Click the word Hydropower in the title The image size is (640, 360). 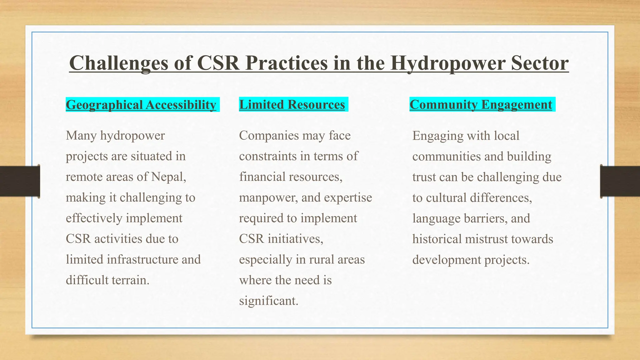click(447, 63)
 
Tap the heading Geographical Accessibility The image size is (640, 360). click(141, 105)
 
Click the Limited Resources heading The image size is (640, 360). click(292, 104)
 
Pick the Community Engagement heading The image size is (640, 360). click(481, 104)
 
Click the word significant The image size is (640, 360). click(268, 301)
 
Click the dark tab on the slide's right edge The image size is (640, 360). click(620, 181)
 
